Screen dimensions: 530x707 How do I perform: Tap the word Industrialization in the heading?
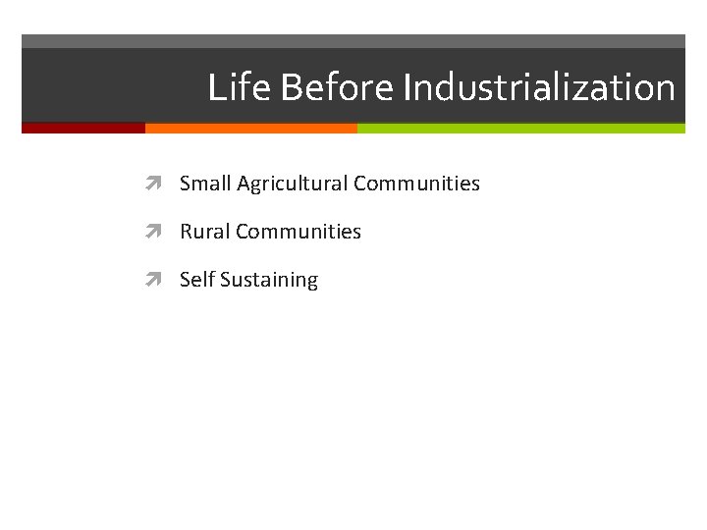tap(539, 87)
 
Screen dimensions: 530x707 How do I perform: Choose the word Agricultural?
tap(292, 184)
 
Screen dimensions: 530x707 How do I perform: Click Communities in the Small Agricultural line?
tap(416, 184)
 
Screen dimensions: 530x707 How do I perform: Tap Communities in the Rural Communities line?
tap(299, 232)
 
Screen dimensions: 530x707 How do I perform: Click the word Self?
tap(196, 280)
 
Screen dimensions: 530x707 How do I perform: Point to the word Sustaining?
tap(269, 281)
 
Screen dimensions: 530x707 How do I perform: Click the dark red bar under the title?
tap(83, 128)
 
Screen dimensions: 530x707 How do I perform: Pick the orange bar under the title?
tap(251, 128)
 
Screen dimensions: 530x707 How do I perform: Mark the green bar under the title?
tap(520, 128)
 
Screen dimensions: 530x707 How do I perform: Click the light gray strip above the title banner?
tap(353, 41)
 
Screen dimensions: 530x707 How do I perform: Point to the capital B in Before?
tap(291, 87)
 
